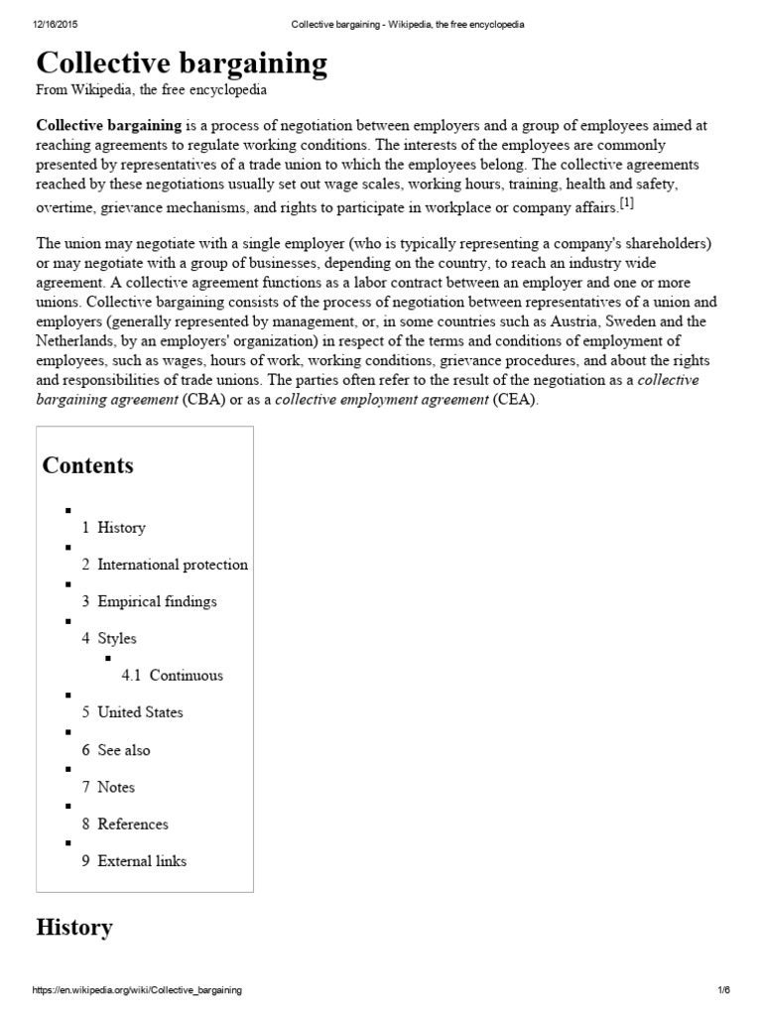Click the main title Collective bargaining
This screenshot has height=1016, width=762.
(182, 63)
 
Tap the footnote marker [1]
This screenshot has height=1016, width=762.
(626, 203)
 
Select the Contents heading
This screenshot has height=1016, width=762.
(87, 465)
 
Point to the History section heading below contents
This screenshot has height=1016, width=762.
(74, 928)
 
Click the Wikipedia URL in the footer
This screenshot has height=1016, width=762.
(138, 990)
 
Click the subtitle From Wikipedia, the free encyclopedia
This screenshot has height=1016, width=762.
(151, 90)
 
